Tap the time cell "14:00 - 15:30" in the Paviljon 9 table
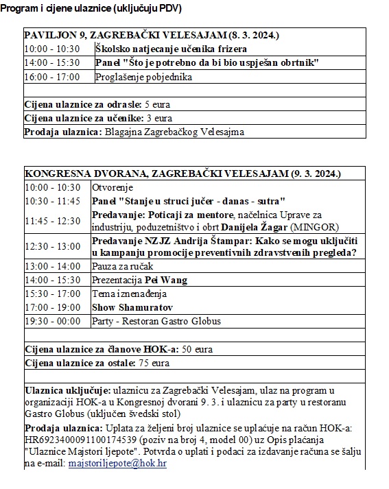[x=51, y=63]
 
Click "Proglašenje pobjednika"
[x=144, y=77]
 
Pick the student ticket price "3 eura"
[x=158, y=118]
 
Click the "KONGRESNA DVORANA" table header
[x=182, y=174]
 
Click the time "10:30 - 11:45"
[x=52, y=201]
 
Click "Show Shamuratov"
[x=132, y=307]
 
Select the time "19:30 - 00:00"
[x=51, y=321]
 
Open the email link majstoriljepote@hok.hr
[x=117, y=464]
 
